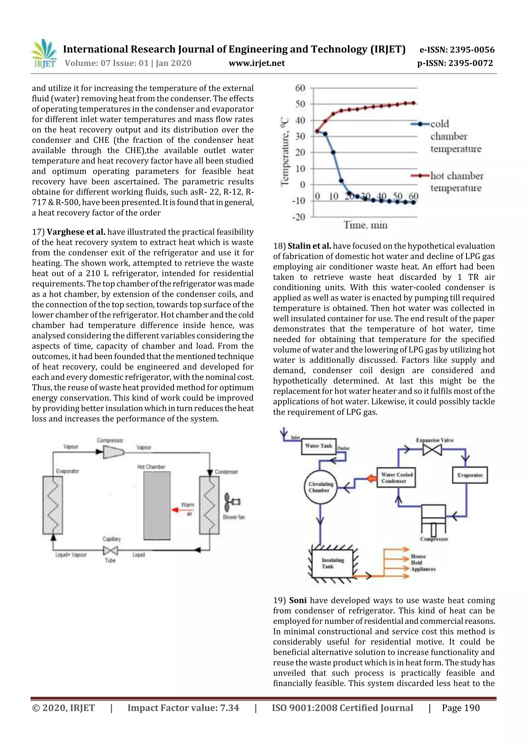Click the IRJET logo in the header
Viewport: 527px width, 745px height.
click(44, 54)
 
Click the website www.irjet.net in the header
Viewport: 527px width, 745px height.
click(257, 63)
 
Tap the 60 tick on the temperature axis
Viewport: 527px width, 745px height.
click(300, 88)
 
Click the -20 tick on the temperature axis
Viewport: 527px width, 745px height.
click(299, 217)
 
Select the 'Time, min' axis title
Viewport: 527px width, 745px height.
click(365, 225)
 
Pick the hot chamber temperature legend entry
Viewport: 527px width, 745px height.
click(456, 182)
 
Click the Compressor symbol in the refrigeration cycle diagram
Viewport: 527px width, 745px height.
click(113, 452)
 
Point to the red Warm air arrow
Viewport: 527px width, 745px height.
click(178, 510)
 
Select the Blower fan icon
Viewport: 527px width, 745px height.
click(232, 502)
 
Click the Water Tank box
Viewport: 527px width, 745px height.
click(318, 446)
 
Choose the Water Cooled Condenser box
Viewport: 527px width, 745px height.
click(396, 478)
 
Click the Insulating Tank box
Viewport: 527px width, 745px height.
click(332, 563)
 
